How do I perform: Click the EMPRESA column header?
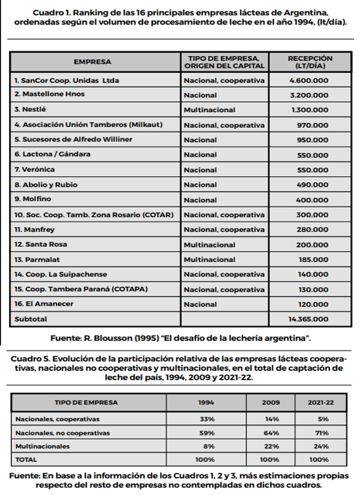[93, 62]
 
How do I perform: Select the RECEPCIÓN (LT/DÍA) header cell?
[310, 62]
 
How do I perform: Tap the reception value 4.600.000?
[309, 80]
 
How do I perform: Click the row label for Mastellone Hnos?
[49, 94]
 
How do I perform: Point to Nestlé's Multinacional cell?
[210, 110]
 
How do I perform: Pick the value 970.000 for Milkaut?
[312, 125]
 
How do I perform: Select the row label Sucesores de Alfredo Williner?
[73, 139]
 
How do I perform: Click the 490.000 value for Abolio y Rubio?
[312, 185]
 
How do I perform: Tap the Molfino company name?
[33, 199]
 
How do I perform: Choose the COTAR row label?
[94, 215]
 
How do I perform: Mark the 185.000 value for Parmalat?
[313, 260]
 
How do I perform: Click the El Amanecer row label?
[44, 304]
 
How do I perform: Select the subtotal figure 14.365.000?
[308, 319]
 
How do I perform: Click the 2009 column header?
[271, 403]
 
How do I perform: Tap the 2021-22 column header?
[321, 403]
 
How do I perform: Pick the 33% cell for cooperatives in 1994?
[207, 419]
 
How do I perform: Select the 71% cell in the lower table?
[322, 433]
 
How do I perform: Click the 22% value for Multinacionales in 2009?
[271, 446]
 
